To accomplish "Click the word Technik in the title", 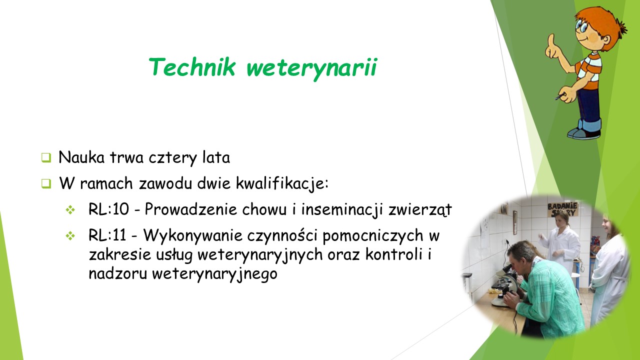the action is click(x=192, y=67).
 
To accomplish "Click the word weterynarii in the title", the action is click(x=312, y=69).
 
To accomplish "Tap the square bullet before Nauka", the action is click(x=46, y=157).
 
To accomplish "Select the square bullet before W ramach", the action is click(x=46, y=183).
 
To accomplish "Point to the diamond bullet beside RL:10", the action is click(x=70, y=210).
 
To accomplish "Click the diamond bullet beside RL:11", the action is click(x=70, y=236).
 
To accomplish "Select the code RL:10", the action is click(x=108, y=209).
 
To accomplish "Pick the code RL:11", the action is click(x=107, y=235).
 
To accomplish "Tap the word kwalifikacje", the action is click(x=282, y=183).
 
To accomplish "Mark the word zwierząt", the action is click(x=420, y=210).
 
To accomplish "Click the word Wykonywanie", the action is click(x=193, y=236).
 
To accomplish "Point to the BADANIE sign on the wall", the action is click(x=562, y=209).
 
